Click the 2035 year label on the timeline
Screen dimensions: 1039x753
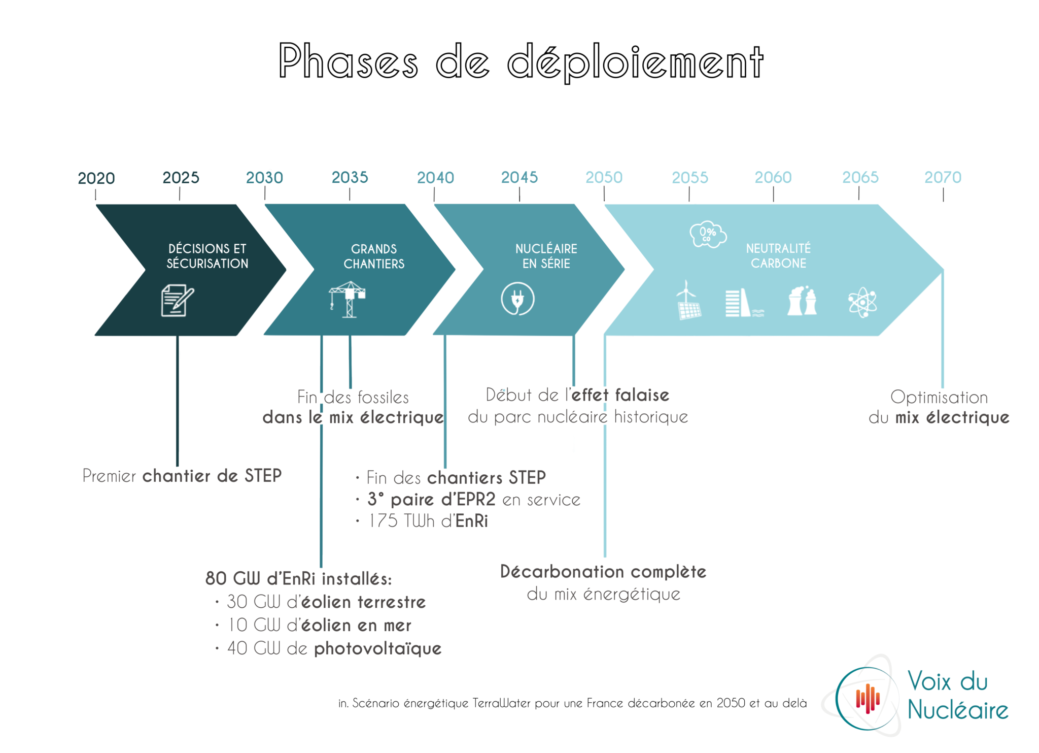pos(350,177)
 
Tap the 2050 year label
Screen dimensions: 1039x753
pos(604,177)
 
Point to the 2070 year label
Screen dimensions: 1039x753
pos(943,177)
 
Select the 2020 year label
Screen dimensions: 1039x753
pos(96,178)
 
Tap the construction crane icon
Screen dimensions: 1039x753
pos(348,300)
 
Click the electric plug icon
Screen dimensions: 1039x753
pos(517,299)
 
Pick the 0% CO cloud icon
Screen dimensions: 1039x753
pos(708,234)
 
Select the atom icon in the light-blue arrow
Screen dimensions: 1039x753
pos(862,303)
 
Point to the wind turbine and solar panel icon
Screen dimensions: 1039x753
pos(688,300)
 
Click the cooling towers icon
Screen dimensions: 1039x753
pos(802,301)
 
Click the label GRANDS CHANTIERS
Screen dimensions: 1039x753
pos(374,256)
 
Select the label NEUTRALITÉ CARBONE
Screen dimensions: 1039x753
pos(778,256)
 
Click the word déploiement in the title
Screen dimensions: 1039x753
pos(635,62)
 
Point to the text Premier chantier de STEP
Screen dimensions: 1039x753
pos(182,476)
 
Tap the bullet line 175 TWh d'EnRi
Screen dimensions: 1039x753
pos(422,521)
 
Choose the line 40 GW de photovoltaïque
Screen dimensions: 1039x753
pos(329,648)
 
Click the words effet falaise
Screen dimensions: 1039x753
pos(620,395)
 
